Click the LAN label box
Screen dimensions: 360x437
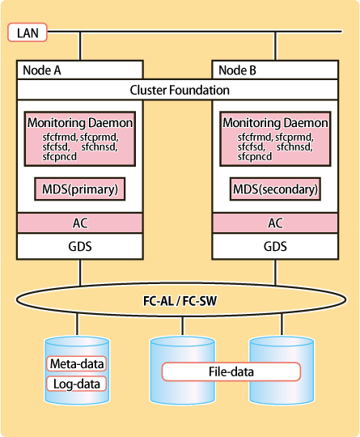coord(28,32)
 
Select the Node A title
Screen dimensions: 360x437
coord(42,70)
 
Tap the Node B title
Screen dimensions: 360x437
coord(237,70)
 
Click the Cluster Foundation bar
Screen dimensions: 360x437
coord(178,90)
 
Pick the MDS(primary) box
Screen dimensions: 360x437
coord(80,189)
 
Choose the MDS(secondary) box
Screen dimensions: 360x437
coord(275,189)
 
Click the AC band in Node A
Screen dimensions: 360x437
coord(80,223)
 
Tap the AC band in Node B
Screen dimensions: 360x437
coord(275,223)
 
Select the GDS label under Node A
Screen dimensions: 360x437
coord(80,246)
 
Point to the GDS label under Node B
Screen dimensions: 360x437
coord(275,246)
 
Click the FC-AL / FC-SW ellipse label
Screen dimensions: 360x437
coord(180,301)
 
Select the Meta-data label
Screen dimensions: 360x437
coord(77,363)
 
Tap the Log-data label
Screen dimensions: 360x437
coord(77,384)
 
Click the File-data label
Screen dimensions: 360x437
coord(231,371)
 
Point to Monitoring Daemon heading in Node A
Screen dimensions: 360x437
coord(80,123)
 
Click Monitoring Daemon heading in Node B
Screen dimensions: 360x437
coord(275,123)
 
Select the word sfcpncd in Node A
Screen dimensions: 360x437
coord(59,157)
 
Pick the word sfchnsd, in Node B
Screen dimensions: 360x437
coord(294,146)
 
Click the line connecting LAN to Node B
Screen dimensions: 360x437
coord(275,46)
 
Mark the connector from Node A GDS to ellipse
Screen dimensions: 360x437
coord(80,273)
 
